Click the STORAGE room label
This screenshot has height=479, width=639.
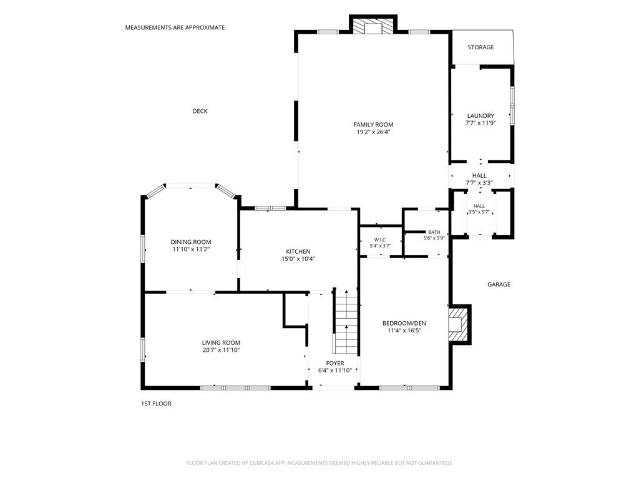click(x=480, y=47)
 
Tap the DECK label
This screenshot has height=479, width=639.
click(x=200, y=111)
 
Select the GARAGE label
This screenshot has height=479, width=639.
click(x=499, y=284)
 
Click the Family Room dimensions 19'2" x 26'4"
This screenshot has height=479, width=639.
click(x=373, y=132)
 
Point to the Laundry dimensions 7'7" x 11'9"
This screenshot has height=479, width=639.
click(x=480, y=123)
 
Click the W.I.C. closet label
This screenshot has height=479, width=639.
click(x=380, y=240)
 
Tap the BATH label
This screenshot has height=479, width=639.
click(x=434, y=232)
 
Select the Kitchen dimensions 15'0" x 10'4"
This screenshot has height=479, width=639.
click(x=298, y=259)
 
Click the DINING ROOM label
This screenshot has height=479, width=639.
click(x=191, y=242)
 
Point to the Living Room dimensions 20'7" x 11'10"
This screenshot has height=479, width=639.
click(x=222, y=350)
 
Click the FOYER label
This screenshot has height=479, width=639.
click(x=335, y=364)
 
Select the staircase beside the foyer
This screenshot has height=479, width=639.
click(x=346, y=321)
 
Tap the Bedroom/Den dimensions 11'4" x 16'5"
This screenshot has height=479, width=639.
click(x=404, y=331)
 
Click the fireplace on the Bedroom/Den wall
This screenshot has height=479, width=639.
click(x=460, y=324)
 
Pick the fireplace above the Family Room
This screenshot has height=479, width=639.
click(x=373, y=25)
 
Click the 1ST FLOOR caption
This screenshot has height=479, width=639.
click(x=156, y=404)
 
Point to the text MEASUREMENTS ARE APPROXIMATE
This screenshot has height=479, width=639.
click(x=175, y=27)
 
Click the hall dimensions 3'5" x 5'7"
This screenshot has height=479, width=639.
click(x=479, y=212)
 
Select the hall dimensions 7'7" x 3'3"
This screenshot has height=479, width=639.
click(x=479, y=183)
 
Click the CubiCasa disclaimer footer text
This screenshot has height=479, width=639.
click(x=319, y=463)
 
